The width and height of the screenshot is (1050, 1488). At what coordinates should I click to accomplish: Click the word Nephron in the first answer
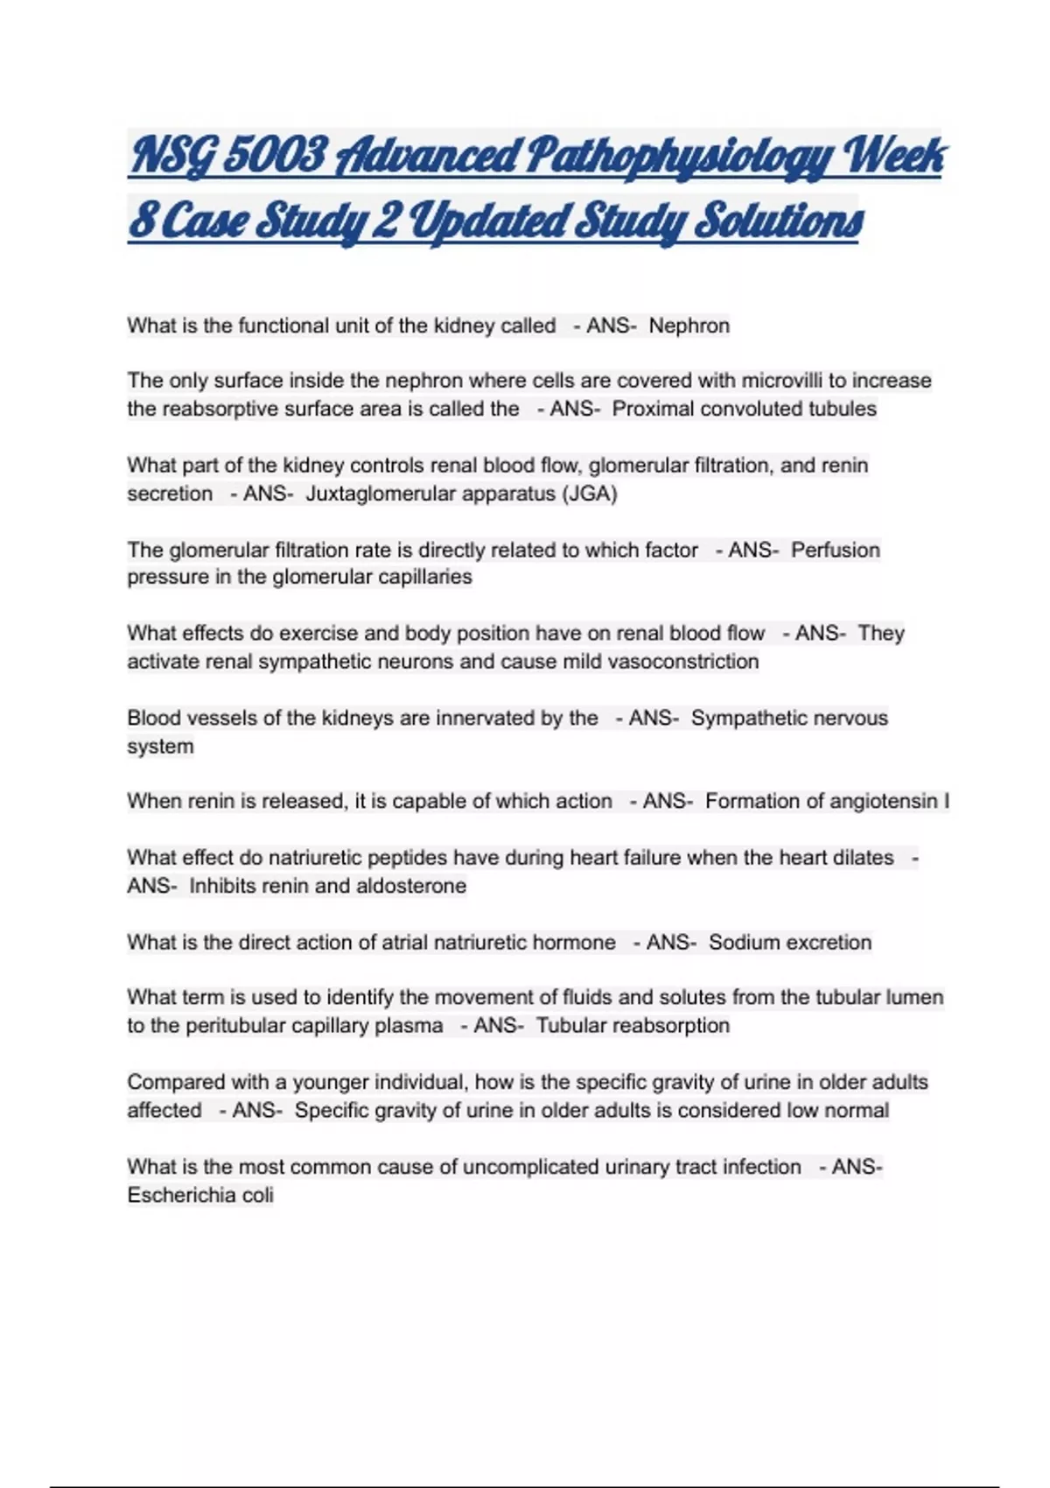click(x=689, y=326)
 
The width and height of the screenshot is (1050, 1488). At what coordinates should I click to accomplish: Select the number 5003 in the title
click(x=275, y=156)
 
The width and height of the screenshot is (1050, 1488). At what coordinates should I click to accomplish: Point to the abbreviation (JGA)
click(x=590, y=494)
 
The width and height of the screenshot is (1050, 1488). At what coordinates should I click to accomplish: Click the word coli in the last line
click(x=258, y=1195)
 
